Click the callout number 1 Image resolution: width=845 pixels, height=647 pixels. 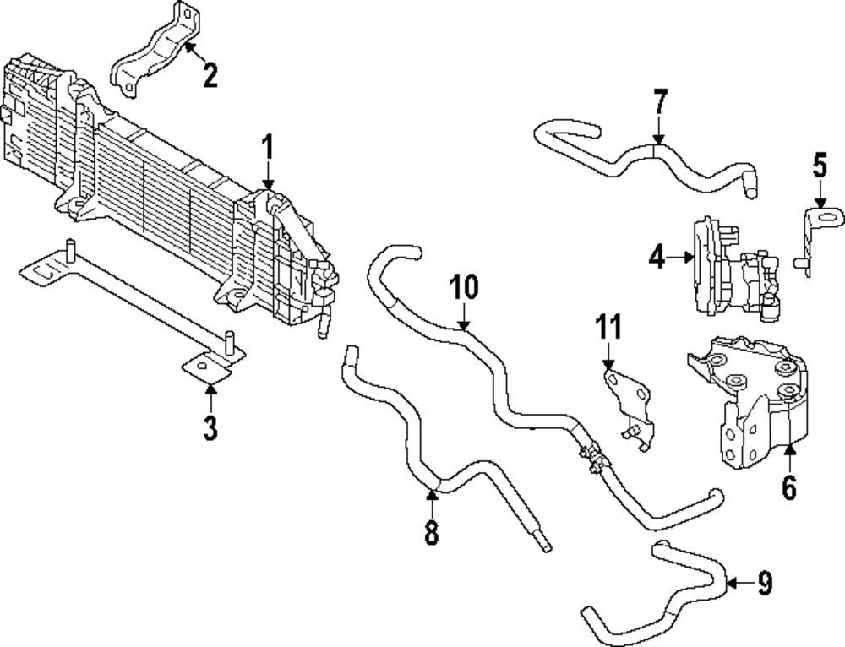point(267,149)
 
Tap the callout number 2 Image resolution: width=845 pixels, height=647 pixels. point(210,75)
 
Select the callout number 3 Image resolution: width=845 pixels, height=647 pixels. point(210,427)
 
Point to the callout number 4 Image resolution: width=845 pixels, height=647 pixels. point(658,256)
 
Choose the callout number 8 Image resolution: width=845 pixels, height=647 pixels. point(432,533)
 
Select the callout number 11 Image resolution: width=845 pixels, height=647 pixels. point(608,327)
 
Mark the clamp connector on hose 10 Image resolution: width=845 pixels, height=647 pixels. point(589,454)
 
